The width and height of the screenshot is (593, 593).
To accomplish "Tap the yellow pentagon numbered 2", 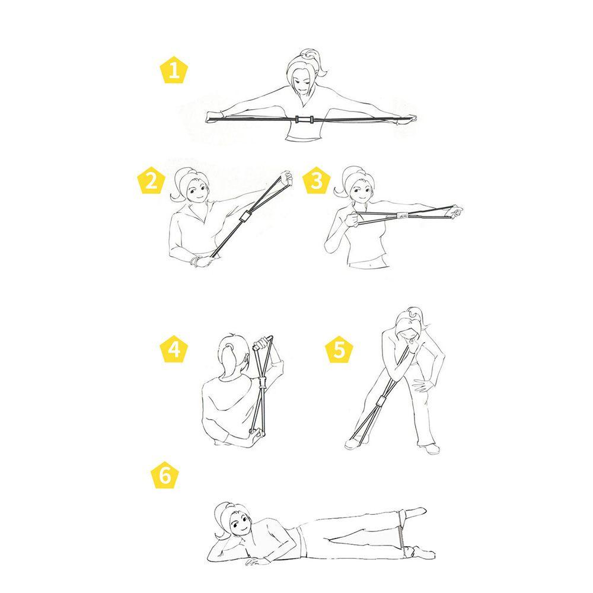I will point(151,181).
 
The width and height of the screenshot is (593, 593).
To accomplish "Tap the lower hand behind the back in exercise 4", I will point(256,439).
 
